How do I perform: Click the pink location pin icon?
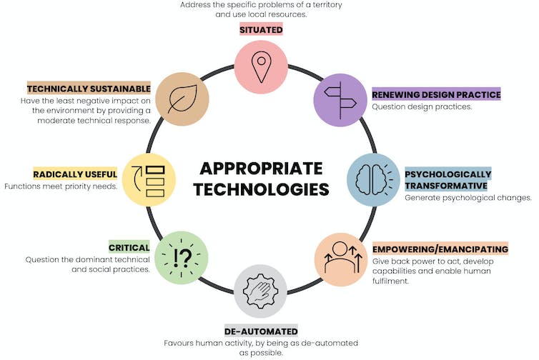pyautogui.click(x=261, y=68)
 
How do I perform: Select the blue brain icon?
pyautogui.click(x=373, y=179)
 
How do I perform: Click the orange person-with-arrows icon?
pyautogui.click(x=340, y=259)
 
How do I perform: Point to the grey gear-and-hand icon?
pyautogui.click(x=261, y=291)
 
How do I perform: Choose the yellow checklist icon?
pyautogui.click(x=149, y=179)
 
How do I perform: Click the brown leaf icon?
pyautogui.click(x=182, y=99)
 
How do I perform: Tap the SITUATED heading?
pyautogui.click(x=261, y=29)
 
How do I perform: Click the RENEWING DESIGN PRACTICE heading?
pyautogui.click(x=436, y=94)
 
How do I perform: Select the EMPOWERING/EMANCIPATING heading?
pyautogui.click(x=440, y=249)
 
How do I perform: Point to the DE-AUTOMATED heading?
pyautogui.click(x=261, y=331)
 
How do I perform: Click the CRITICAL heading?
pyautogui.click(x=129, y=248)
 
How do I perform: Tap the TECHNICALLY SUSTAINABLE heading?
pyautogui.click(x=89, y=89)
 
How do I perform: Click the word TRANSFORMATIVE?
pyautogui.click(x=447, y=186)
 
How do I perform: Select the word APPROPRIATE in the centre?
pyautogui.click(x=261, y=169)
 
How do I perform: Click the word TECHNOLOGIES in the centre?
pyautogui.click(x=261, y=190)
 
